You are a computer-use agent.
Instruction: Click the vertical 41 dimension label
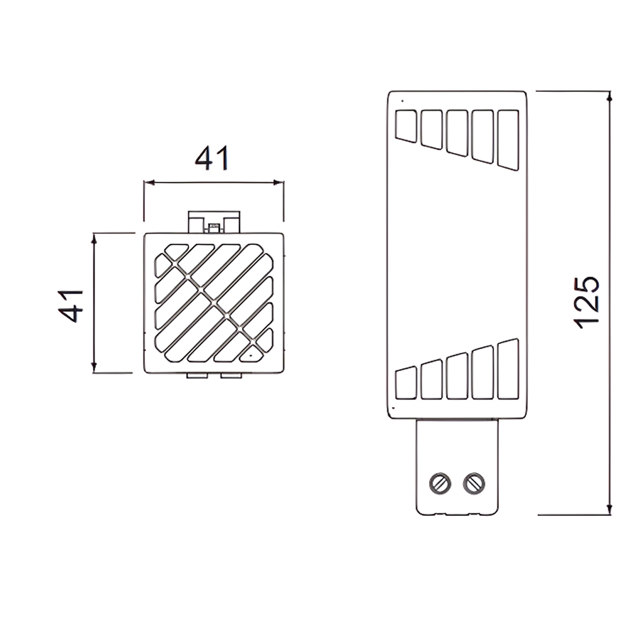(71, 306)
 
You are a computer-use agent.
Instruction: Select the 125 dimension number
(586, 303)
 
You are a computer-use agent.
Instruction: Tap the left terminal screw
(440, 483)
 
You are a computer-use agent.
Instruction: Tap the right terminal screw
(474, 483)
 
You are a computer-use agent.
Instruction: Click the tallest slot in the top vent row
(508, 139)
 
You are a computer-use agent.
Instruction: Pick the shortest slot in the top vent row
(406, 126)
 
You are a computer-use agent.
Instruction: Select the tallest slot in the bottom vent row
(508, 369)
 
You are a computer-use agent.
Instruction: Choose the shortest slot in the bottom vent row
(406, 383)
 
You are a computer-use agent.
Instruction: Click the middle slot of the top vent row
(457, 132)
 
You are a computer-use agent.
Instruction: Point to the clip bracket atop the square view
(214, 222)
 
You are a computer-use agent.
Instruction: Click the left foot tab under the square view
(197, 375)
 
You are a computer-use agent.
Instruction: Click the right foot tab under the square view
(231, 375)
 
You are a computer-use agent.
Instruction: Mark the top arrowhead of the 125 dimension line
(609, 96)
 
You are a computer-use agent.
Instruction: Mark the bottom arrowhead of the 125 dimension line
(609, 509)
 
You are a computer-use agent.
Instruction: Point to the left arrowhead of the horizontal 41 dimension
(149, 183)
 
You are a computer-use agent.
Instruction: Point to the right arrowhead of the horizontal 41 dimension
(278, 183)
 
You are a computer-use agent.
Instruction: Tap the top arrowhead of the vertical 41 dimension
(94, 238)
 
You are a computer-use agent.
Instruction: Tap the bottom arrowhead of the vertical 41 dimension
(94, 367)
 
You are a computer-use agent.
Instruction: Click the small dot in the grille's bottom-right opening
(251, 355)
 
